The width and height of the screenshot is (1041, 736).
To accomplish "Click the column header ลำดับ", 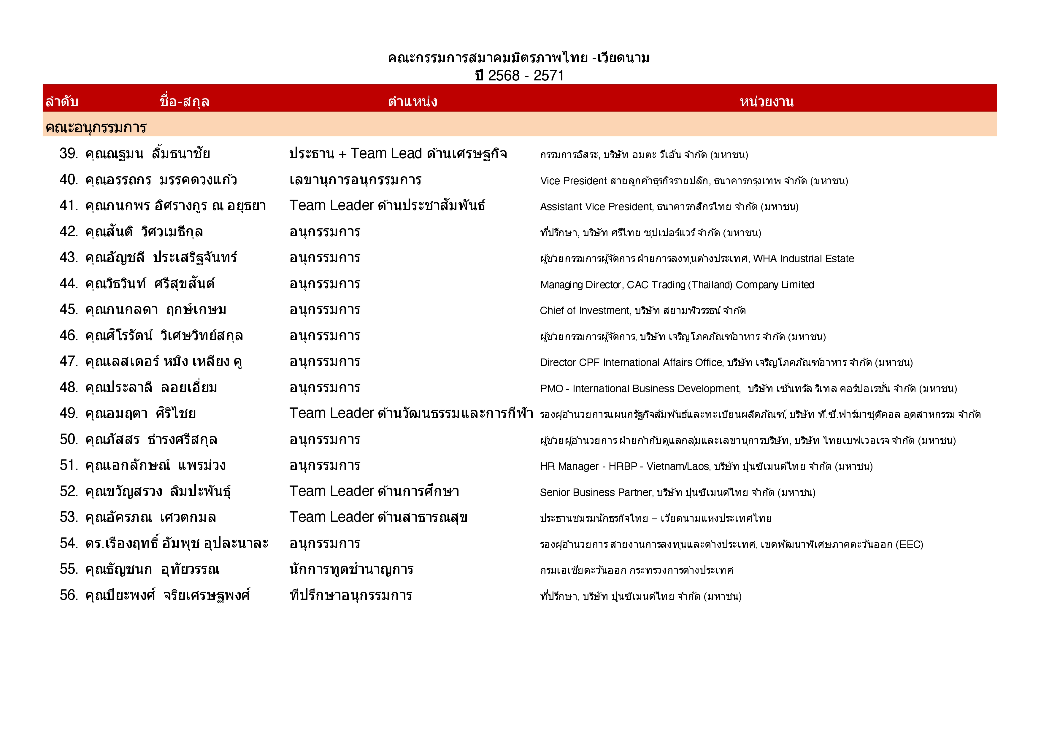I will point(62,101).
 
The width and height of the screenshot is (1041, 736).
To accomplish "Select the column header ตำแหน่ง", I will point(412,101).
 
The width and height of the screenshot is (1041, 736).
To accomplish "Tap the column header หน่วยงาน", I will point(766,101).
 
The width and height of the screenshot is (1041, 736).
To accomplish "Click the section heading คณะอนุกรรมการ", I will point(96,127).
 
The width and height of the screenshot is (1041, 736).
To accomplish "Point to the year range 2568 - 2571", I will point(526,75).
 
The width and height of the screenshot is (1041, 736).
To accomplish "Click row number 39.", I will point(69,154).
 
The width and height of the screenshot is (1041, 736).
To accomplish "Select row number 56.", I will point(69,595).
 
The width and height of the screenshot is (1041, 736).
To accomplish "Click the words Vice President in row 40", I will point(573,181).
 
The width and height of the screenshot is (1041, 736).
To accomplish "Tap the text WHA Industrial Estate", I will point(803,258).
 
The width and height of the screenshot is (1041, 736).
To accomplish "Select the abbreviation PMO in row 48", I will point(551,389).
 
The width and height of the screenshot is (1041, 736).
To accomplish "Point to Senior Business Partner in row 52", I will point(595,492).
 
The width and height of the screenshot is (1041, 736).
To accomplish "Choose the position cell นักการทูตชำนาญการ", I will point(351,569).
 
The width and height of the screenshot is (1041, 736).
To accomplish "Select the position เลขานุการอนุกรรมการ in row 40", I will point(355,180).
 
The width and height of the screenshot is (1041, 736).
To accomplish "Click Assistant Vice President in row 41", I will point(596,207).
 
